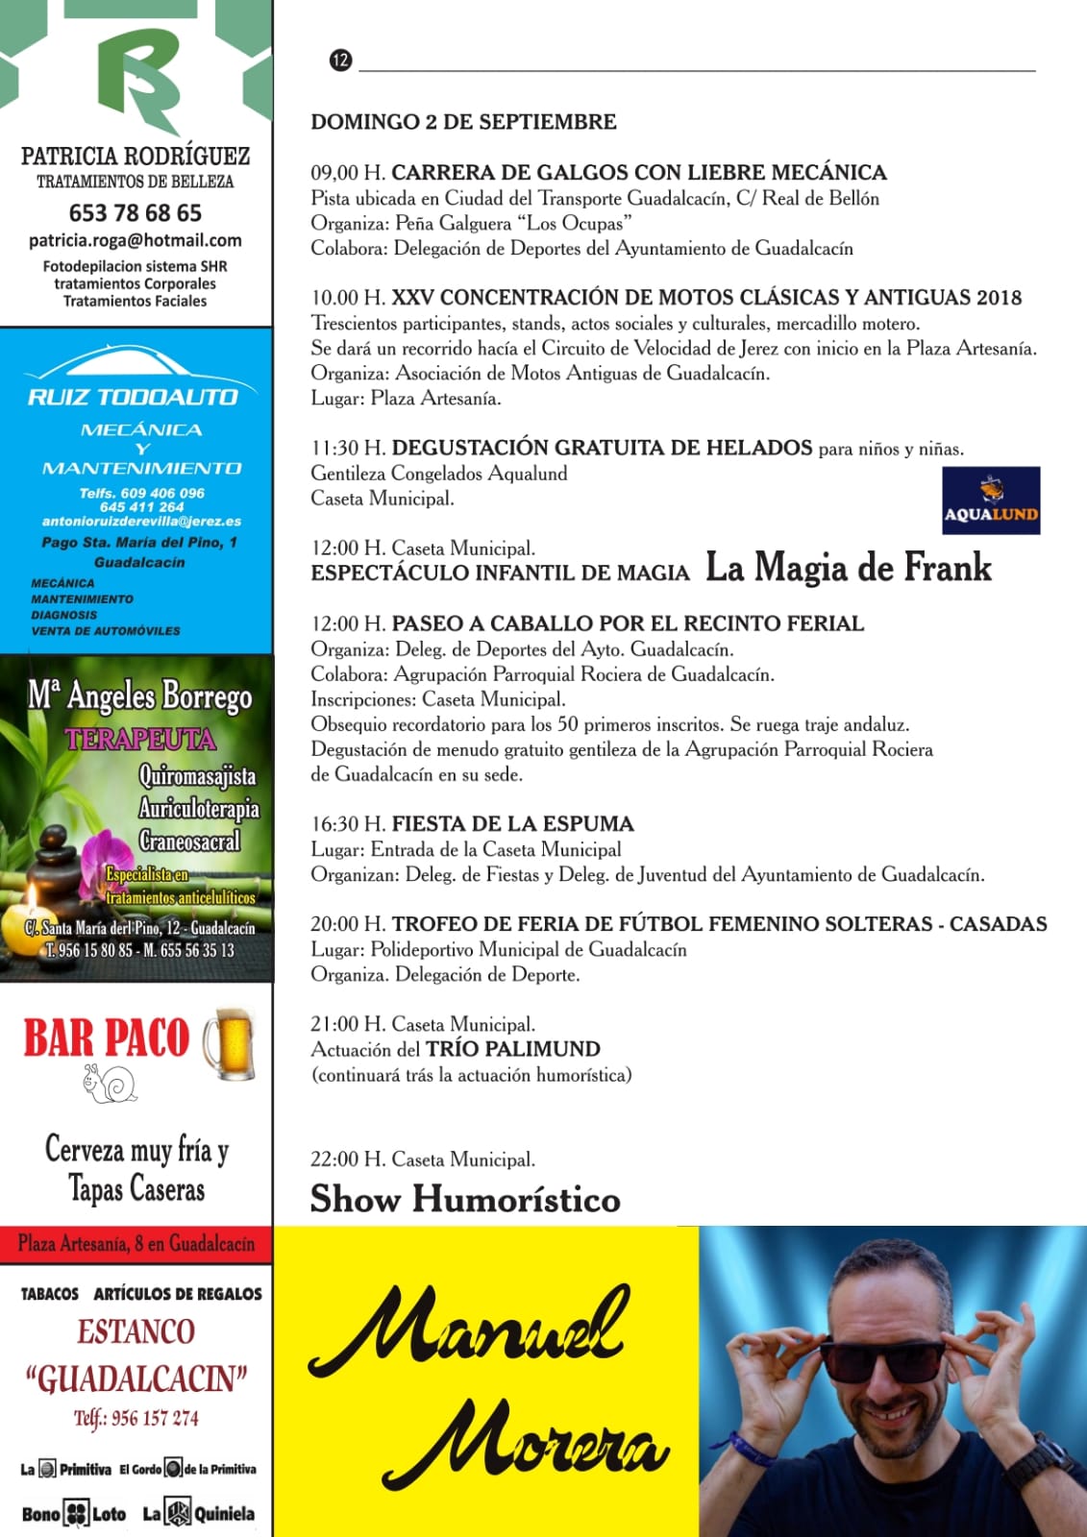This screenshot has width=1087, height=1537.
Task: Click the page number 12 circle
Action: (x=340, y=61)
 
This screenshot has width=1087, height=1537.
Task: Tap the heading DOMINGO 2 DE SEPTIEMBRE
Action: (x=463, y=122)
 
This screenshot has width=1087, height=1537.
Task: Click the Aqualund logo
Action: (x=991, y=500)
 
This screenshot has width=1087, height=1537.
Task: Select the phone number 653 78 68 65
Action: (x=136, y=213)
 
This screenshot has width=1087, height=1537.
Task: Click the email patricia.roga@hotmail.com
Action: (x=136, y=240)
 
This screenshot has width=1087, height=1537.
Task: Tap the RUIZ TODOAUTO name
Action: (x=133, y=397)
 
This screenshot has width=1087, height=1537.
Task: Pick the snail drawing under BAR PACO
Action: (x=111, y=1083)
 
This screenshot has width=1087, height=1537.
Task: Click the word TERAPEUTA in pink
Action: (x=140, y=739)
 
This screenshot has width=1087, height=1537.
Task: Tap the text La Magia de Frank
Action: (x=848, y=568)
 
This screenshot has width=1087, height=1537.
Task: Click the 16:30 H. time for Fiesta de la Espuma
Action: (x=348, y=824)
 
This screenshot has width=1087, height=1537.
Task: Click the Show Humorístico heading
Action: (x=465, y=1199)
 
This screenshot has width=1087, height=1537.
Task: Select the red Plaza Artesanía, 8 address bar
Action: (x=136, y=1244)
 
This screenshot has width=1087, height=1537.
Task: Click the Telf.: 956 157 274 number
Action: (x=136, y=1418)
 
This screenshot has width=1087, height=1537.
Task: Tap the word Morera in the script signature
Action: (x=527, y=1446)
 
